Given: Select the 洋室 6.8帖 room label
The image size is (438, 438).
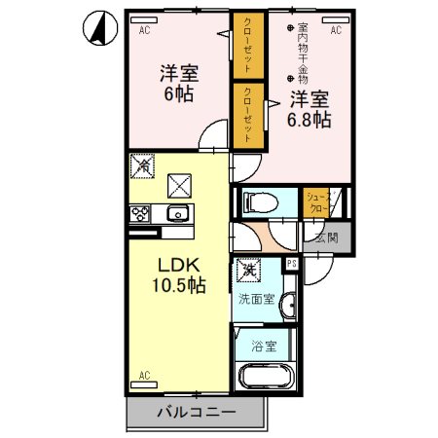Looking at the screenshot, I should coord(308,109).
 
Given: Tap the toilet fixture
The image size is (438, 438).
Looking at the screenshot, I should coord(260,202).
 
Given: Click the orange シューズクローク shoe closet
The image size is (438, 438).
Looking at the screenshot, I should coord(316,201).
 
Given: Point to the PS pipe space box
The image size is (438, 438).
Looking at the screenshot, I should coord(291,262).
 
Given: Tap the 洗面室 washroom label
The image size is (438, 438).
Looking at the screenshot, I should coord(258,300).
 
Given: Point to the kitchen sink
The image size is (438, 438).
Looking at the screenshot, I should coord(177,214).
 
